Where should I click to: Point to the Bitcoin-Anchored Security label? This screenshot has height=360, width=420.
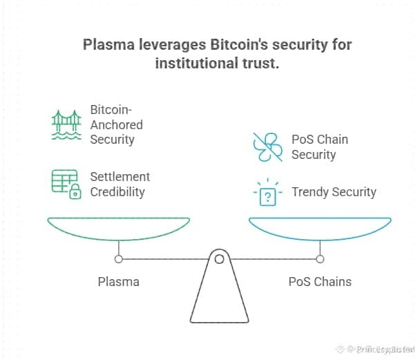[x=116, y=124]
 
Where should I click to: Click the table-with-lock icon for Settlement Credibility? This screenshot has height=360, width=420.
[x=66, y=184]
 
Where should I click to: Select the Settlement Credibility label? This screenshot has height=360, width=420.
[x=120, y=184]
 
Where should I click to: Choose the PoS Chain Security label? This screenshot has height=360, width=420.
[x=319, y=146]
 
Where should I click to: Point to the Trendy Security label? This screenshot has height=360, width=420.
[x=334, y=191]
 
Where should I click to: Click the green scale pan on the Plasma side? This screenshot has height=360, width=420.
[x=118, y=228]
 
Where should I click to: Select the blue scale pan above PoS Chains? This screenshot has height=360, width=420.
[x=320, y=228]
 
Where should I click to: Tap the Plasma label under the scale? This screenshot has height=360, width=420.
[x=118, y=281]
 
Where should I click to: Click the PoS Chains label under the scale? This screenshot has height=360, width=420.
[x=319, y=281]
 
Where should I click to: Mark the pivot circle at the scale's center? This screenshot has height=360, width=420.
[x=219, y=260]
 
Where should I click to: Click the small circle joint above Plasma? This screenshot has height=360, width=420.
[x=119, y=259]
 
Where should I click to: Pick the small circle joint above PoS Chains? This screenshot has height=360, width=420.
[x=320, y=259]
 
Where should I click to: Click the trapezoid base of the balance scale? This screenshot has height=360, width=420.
[x=219, y=297]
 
